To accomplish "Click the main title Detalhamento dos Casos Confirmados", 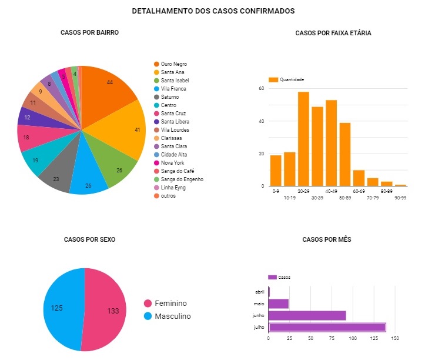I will [x=213, y=11].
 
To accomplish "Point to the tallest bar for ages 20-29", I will [x=303, y=139].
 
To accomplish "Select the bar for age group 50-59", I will [x=345, y=154].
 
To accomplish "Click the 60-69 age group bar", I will [x=359, y=178].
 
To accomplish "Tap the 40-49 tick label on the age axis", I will [x=331, y=191].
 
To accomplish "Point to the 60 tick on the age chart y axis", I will [x=262, y=89].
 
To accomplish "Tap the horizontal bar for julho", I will [x=327, y=327].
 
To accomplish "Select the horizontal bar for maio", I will [x=279, y=304].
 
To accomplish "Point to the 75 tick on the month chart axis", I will [x=332, y=339].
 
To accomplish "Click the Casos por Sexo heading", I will [x=89, y=239].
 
